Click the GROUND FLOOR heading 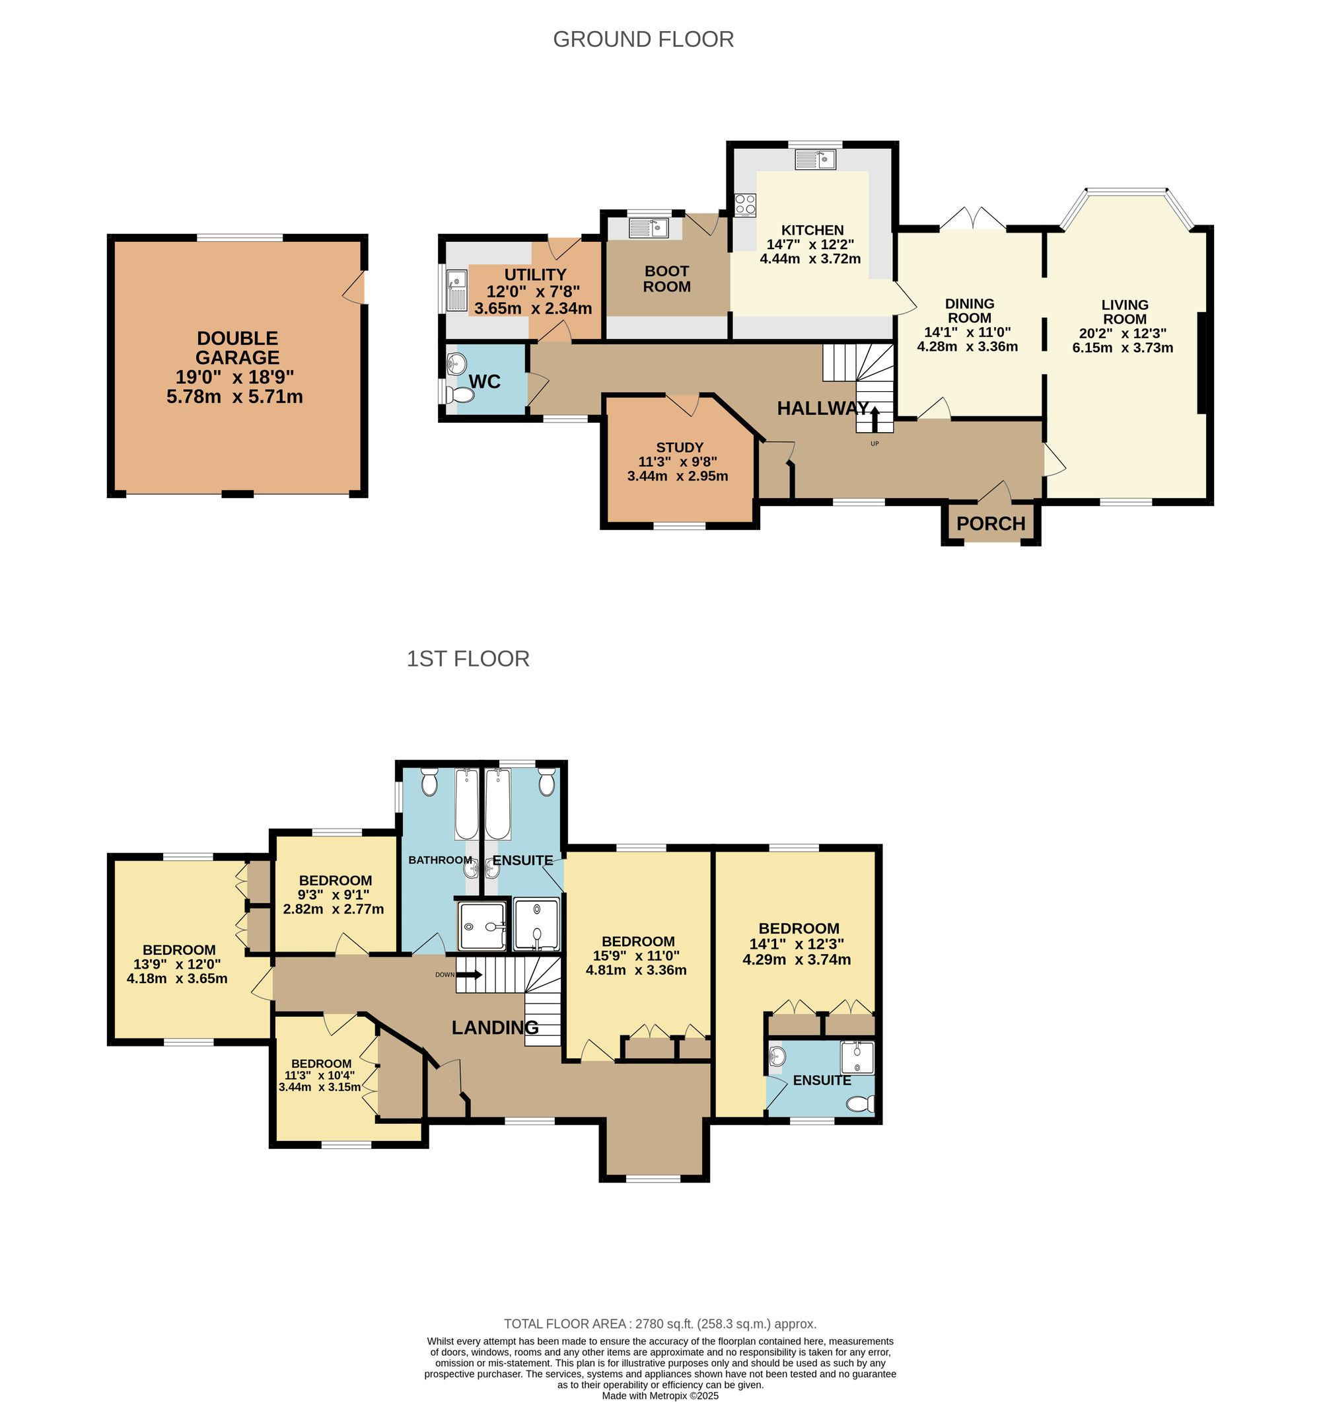(x=643, y=39)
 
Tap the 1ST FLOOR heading (x=468, y=659)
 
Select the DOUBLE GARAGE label (x=237, y=348)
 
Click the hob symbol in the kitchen (x=745, y=205)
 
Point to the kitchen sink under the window (x=815, y=159)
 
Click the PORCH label (x=990, y=524)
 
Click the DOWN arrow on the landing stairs (x=469, y=975)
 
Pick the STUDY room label (x=679, y=447)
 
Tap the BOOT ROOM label (x=667, y=279)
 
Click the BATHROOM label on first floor (x=440, y=860)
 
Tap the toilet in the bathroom (x=429, y=782)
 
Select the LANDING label (x=495, y=1027)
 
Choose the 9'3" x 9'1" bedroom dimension (x=334, y=895)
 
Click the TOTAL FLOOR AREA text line (x=660, y=1324)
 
